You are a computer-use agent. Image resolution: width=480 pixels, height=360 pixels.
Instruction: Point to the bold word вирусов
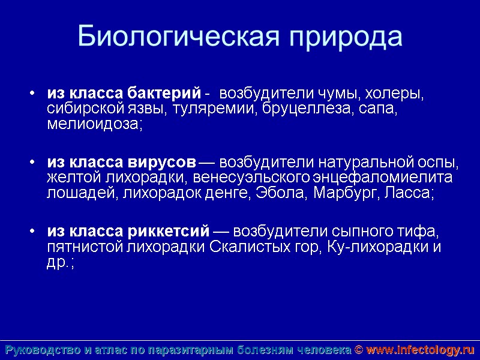(162, 163)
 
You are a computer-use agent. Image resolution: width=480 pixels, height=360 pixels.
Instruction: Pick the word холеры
(396, 94)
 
